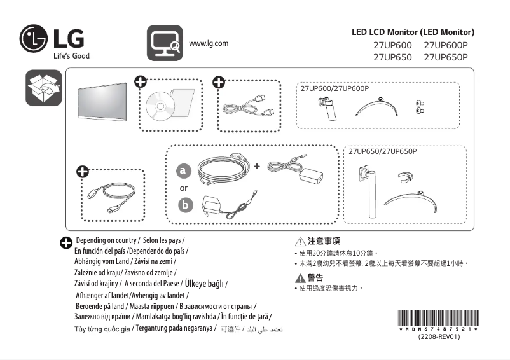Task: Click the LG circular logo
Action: pyautogui.click(x=34, y=39)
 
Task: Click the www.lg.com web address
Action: pyautogui.click(x=209, y=43)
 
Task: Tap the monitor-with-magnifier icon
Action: pyautogui.click(x=165, y=42)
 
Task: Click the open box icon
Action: pyautogui.click(x=43, y=89)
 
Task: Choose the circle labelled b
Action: pyautogui.click(x=184, y=205)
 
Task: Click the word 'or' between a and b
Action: pyautogui.click(x=184, y=188)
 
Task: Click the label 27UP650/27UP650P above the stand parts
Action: pyautogui.click(x=382, y=151)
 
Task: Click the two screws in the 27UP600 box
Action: pyautogui.click(x=419, y=106)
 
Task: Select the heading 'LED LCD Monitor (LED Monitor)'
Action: pyautogui.click(x=413, y=32)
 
